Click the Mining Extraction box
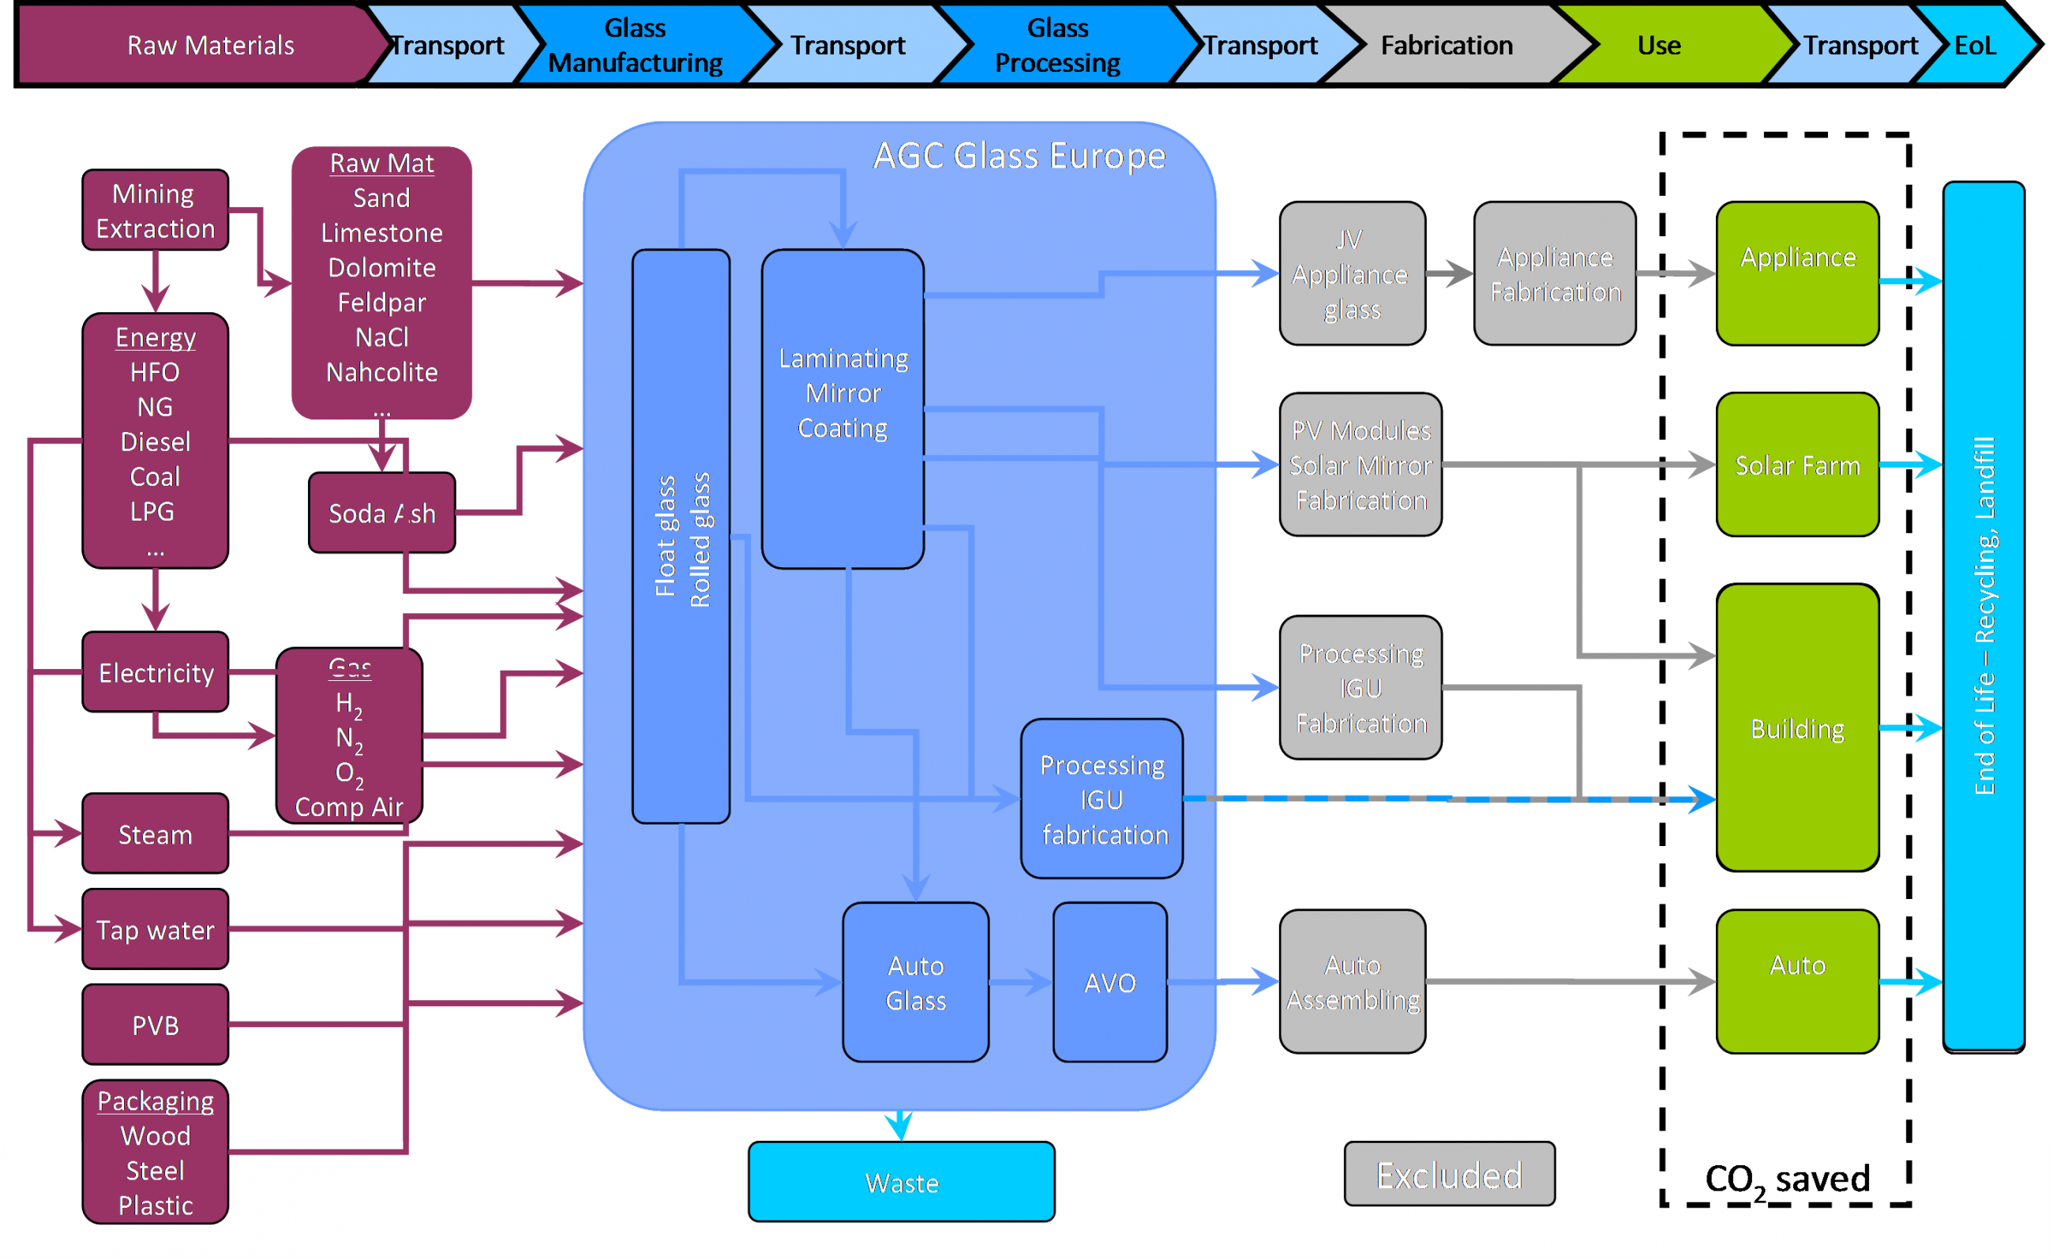point(155,210)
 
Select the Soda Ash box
point(381,513)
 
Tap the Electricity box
point(155,671)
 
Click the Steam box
point(155,833)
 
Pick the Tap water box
point(155,928)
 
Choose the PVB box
point(155,1024)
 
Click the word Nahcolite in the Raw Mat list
point(381,371)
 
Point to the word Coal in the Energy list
point(155,476)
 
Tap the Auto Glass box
point(915,982)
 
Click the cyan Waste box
point(902,1182)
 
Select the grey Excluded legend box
point(1449,1174)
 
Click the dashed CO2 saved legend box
point(1785,1177)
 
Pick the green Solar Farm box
point(1797,465)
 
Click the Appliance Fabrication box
point(1555,273)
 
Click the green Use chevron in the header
point(1658,45)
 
